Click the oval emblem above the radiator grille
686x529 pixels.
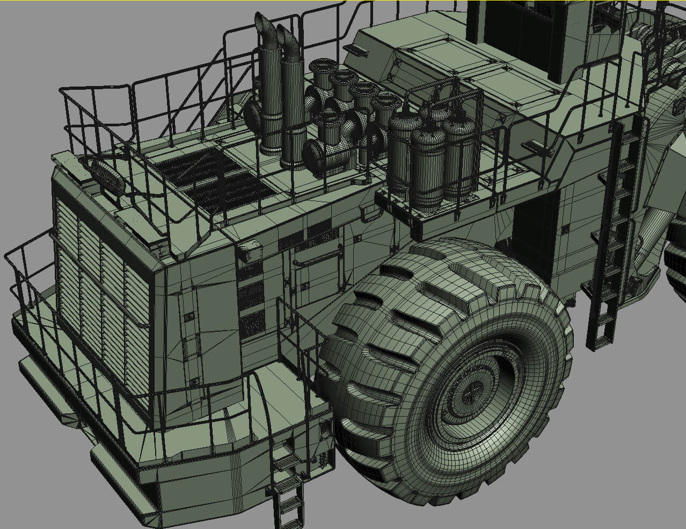pyautogui.click(x=107, y=175)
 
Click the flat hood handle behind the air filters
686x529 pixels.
pyautogui.click(x=357, y=52)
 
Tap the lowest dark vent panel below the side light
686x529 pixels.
pyautogui.click(x=251, y=325)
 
